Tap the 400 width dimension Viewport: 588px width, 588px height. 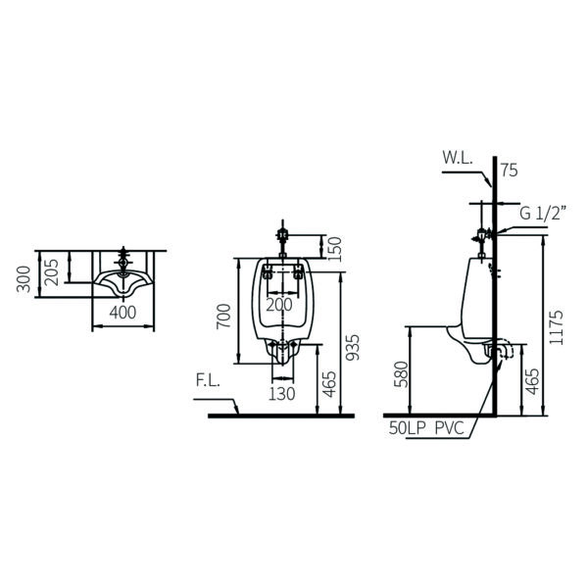(122, 313)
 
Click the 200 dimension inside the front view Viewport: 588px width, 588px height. (279, 305)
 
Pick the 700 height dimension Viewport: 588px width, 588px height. (224, 318)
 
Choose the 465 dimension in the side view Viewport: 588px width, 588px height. (532, 380)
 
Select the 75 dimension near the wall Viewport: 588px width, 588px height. (508, 170)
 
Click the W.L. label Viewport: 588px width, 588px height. (457, 156)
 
